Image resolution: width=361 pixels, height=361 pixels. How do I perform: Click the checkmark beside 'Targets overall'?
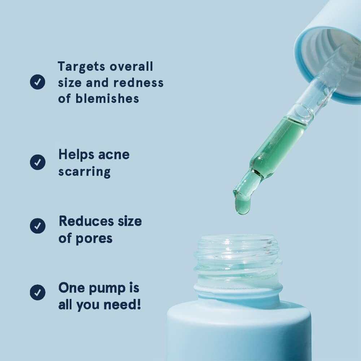(x=38, y=82)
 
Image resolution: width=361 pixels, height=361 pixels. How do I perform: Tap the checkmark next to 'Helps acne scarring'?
(x=38, y=162)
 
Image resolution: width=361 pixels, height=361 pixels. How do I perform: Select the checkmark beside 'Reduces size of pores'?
(x=38, y=226)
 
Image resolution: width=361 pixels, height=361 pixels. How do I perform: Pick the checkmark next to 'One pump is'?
(x=38, y=292)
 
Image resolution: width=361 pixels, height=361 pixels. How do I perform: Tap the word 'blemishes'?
(x=107, y=99)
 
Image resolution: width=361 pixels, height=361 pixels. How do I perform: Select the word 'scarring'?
(x=84, y=172)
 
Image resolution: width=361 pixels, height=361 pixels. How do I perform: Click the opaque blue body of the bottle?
(x=238, y=332)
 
